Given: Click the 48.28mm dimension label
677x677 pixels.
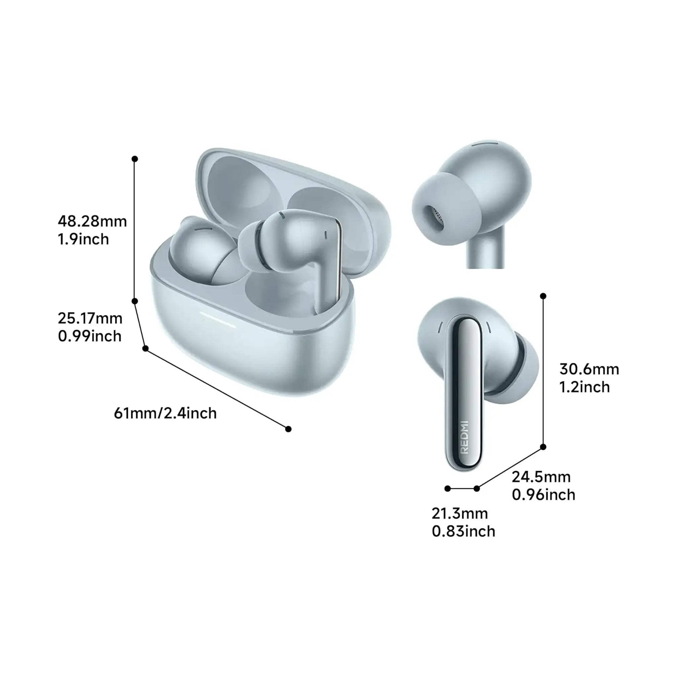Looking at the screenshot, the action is (x=92, y=221).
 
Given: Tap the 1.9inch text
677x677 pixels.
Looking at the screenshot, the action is (x=83, y=239).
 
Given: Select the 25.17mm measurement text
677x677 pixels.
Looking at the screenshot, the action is (x=90, y=318).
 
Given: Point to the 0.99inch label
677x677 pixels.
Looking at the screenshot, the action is (x=90, y=336).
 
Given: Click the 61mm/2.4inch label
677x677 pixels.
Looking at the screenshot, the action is (x=165, y=414).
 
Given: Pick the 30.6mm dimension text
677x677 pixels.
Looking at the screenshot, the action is (x=589, y=369).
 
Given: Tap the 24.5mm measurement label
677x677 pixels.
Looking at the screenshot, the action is (x=541, y=477).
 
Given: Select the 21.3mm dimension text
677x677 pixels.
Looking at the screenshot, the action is (x=460, y=513).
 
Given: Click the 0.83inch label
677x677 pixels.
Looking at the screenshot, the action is (x=463, y=531).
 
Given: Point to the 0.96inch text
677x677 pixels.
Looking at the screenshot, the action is (x=544, y=495).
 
